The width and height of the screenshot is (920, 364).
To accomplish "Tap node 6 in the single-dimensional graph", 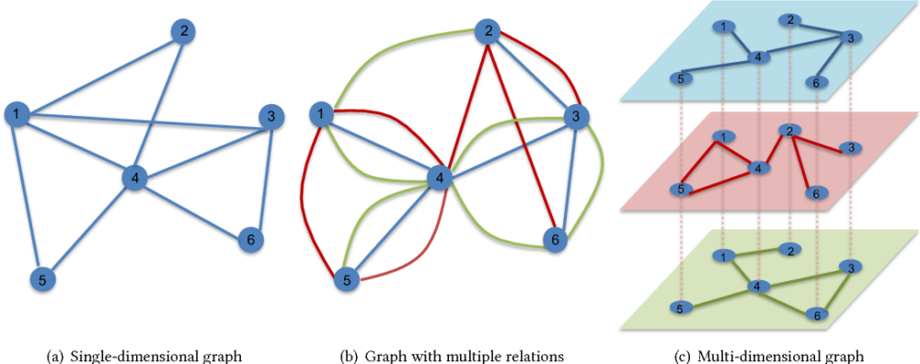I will coord(247,240).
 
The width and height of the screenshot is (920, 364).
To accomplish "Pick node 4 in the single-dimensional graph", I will coord(134,178).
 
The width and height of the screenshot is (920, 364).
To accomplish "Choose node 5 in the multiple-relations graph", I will coord(345,277).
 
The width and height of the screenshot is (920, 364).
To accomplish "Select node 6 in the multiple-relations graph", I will coord(552,240).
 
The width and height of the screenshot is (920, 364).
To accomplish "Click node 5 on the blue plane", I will coord(679,78).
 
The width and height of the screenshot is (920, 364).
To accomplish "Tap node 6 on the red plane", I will coord(812,193).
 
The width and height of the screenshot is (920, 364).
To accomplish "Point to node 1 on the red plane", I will coord(725,137).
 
